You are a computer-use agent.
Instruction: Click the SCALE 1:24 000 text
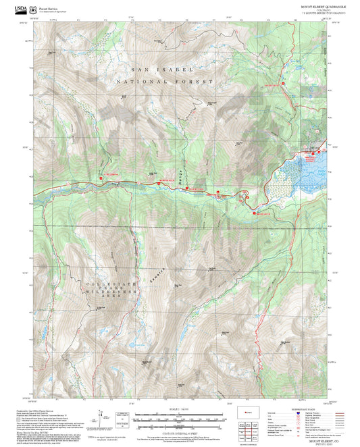[176, 410]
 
